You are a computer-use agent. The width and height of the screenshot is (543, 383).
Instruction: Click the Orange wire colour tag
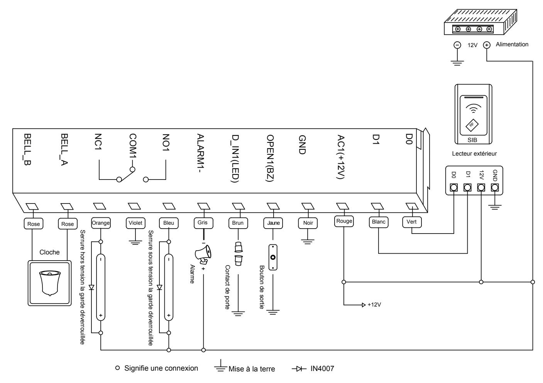pyautogui.click(x=101, y=223)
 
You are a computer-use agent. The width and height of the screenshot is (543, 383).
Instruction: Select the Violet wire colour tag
pyautogui.click(x=135, y=223)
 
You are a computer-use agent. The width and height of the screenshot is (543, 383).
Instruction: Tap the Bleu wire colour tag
pyautogui.click(x=169, y=223)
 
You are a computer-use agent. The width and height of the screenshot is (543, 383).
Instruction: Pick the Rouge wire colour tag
pyautogui.click(x=344, y=221)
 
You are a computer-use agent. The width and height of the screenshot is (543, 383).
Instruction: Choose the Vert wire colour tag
pyautogui.click(x=412, y=222)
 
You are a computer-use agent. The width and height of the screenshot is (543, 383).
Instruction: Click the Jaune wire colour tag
pyautogui.click(x=273, y=223)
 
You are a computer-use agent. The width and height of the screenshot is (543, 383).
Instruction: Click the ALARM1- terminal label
pyautogui.click(x=201, y=153)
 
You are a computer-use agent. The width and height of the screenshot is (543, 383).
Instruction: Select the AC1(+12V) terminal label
pyautogui.click(x=341, y=157)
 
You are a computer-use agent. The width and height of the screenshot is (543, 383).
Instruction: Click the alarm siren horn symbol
pyautogui.click(x=203, y=254)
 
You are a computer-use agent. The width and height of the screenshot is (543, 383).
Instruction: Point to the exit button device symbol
pyautogui.click(x=273, y=258)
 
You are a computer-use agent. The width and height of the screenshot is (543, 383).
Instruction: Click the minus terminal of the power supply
pyautogui.click(x=457, y=45)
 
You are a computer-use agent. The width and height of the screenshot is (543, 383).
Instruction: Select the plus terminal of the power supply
pyautogui.click(x=487, y=45)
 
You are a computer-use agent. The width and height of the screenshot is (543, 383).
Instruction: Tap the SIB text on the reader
pyautogui.click(x=472, y=140)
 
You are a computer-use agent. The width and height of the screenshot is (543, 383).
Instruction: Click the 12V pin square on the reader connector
pyautogui.click(x=481, y=188)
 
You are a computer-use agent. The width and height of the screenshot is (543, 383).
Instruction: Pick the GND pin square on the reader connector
pyautogui.click(x=495, y=188)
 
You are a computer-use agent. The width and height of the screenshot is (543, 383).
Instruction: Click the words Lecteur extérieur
pyautogui.click(x=474, y=154)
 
